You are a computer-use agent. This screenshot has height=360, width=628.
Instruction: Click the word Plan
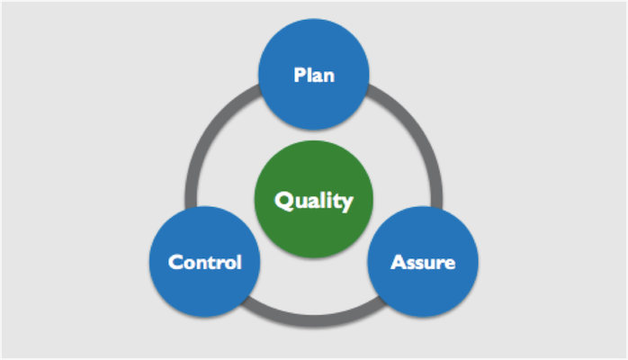(314, 75)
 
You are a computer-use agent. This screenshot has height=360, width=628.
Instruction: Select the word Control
(205, 263)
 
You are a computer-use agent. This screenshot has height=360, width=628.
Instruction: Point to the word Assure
(422, 263)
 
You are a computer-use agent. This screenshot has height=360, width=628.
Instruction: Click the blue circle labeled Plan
(314, 54)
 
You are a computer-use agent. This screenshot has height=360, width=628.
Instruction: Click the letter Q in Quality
(283, 200)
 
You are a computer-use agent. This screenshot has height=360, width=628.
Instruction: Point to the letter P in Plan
(299, 75)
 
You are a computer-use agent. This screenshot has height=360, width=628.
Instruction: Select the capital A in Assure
(397, 263)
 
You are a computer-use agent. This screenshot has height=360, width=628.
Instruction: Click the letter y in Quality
(345, 202)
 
